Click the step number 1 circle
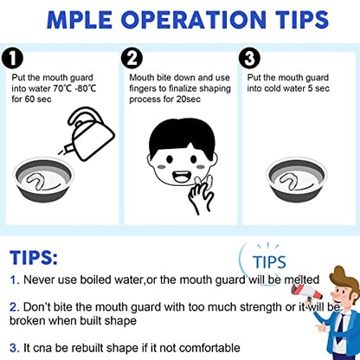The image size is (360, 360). pos(12,58)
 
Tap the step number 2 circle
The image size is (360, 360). pos(132,58)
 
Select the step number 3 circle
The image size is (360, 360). pos(250,58)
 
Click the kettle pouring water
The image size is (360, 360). pos(89,133)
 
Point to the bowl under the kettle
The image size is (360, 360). pos(43,179)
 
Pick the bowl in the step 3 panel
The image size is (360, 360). pos(297,179)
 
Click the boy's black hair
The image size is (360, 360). pos(183,136)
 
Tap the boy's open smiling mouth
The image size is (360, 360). pos(182,177)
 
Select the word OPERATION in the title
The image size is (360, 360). pos(194,20)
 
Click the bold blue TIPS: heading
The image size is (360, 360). pos(34,258)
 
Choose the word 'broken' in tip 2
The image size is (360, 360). pos(28,320)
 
